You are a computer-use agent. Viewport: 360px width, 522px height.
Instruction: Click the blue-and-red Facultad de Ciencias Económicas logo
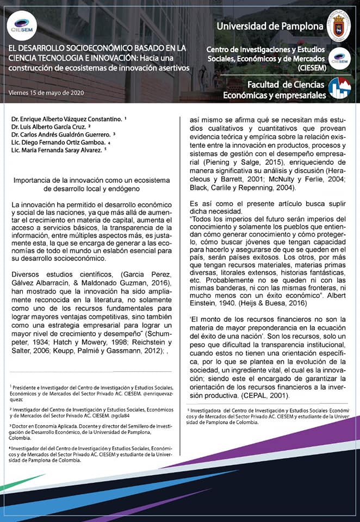click(339, 88)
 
